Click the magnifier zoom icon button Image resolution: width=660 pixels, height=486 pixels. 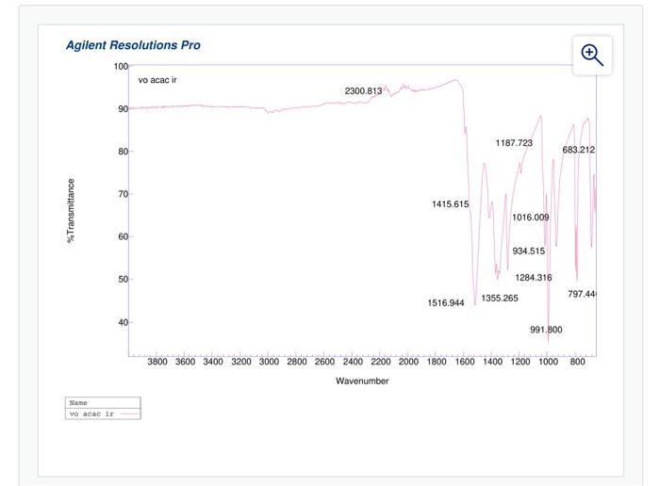coord(592,55)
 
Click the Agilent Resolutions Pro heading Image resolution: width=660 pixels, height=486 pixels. coord(133,45)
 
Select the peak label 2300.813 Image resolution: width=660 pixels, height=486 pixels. coord(363,91)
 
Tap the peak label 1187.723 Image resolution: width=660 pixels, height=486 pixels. coord(514,143)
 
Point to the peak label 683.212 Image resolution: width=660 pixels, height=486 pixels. coord(578,150)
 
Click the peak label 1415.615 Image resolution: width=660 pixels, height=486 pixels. coord(450,204)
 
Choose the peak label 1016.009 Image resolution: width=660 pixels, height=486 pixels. coord(530,218)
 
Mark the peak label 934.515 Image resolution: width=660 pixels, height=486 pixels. coord(529,251)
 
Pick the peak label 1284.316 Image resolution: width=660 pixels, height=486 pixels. coord(534,278)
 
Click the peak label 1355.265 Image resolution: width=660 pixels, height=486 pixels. coord(500,299)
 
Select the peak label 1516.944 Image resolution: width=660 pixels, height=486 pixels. coord(446,303)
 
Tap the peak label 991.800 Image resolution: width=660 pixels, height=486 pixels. coord(546,330)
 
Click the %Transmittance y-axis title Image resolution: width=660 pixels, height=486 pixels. coord(71,211)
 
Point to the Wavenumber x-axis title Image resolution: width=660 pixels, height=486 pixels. coord(362,381)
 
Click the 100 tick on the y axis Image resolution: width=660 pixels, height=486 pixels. coord(121,66)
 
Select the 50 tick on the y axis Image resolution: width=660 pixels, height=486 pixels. coord(123,280)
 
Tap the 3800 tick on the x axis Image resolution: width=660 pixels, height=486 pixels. coord(157,361)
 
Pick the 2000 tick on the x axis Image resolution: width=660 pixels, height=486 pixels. coord(408,361)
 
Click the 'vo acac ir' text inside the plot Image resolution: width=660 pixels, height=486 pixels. coord(157,80)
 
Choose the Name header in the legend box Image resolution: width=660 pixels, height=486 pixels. coord(78,403)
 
